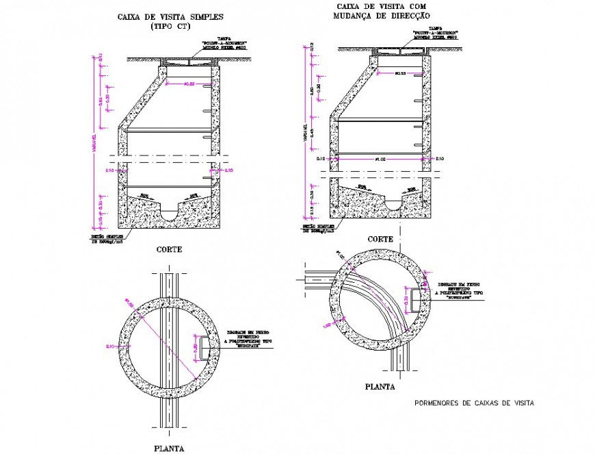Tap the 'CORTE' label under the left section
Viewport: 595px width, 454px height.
(x=169, y=250)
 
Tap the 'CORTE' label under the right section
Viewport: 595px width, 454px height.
(x=380, y=240)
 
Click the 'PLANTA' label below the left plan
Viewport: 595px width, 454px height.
(x=168, y=449)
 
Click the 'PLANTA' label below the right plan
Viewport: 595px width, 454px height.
(x=380, y=386)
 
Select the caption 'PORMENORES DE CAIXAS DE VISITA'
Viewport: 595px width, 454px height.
(x=474, y=403)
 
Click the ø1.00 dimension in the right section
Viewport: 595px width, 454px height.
(x=381, y=158)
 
